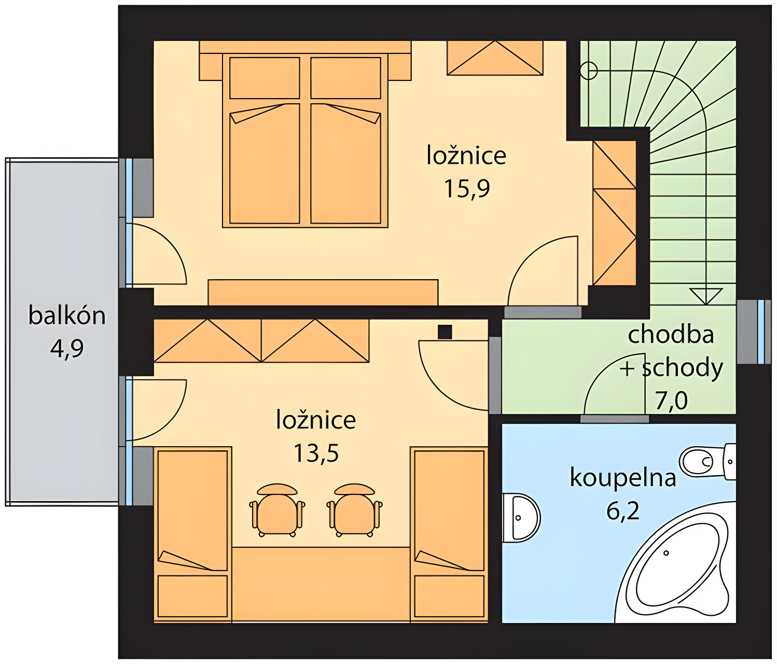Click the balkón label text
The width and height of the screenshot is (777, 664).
[67, 316]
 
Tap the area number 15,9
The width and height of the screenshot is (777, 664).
[467, 188]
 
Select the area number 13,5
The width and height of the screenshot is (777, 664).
[316, 453]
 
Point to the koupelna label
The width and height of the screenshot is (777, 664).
[623, 477]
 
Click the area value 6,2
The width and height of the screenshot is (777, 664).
[623, 510]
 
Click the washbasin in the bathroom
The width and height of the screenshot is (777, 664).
[521, 517]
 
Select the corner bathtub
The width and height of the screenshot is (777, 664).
[675, 562]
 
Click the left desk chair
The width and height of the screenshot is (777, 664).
[277, 510]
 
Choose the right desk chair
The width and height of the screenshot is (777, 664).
[354, 510]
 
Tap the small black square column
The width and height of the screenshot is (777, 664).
[445, 333]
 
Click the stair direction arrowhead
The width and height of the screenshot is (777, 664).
[706, 296]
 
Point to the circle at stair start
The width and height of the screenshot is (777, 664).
[589, 70]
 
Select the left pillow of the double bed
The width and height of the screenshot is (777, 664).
[265, 78]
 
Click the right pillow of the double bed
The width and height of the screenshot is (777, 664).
[346, 78]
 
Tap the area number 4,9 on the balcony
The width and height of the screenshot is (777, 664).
[67, 349]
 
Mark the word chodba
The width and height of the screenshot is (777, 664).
[671, 334]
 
